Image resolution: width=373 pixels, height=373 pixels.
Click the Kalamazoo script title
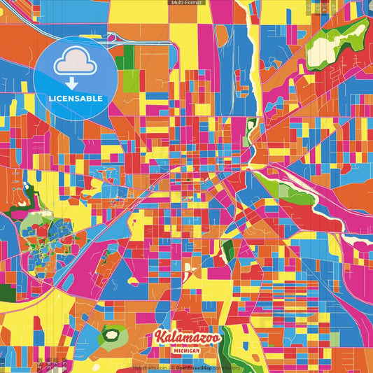[x=186, y=337]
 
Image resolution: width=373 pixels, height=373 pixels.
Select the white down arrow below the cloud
[x=75, y=82]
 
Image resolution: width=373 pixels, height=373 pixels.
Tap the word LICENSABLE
[x=75, y=97]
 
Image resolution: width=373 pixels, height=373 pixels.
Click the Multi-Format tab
[x=186, y=3]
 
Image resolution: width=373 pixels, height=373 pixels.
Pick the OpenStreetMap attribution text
[x=199, y=367]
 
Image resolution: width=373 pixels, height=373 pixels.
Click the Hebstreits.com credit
[x=150, y=367]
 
